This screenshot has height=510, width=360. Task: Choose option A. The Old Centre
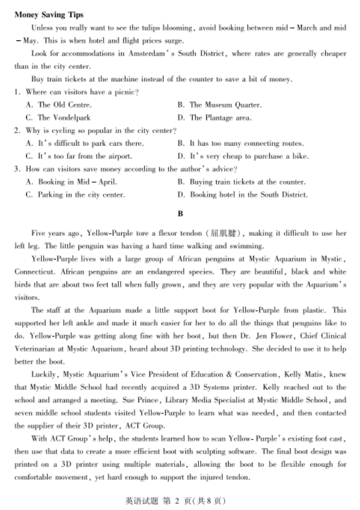(59, 105)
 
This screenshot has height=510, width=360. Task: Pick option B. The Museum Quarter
(219, 105)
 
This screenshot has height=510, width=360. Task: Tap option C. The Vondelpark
(58, 118)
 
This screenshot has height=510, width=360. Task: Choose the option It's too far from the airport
(79, 156)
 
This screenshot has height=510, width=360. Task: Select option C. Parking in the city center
(75, 195)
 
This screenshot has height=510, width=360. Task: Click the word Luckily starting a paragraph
(43, 375)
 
